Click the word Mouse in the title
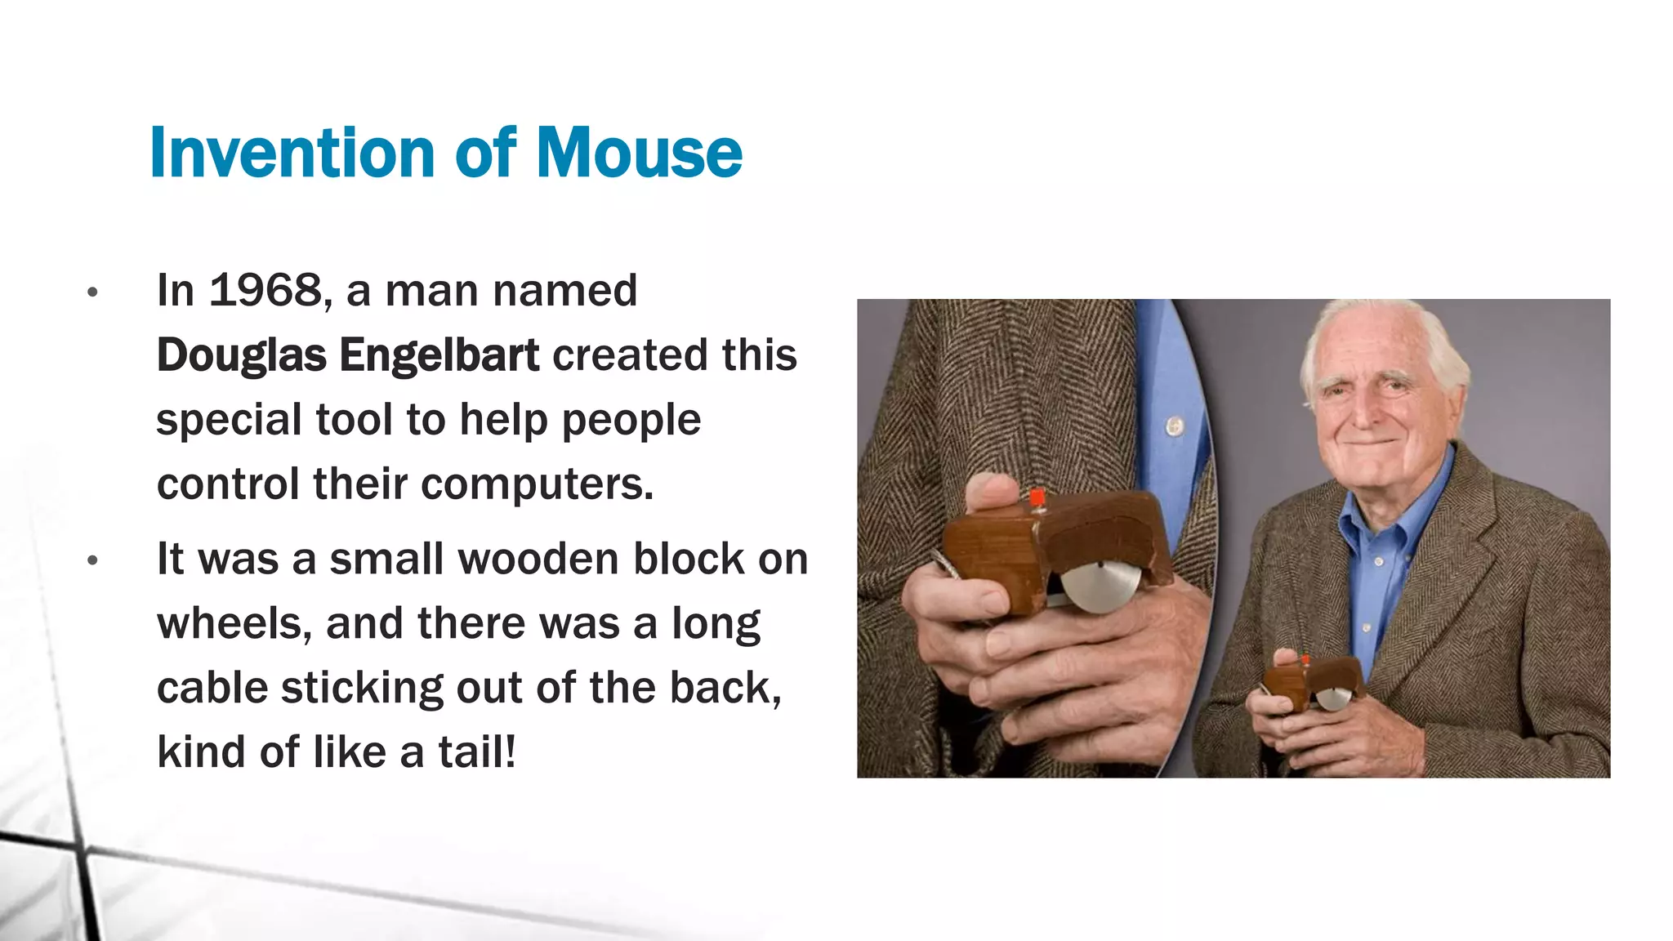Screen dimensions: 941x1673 pos(639,153)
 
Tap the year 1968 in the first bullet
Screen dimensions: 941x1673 pos(265,291)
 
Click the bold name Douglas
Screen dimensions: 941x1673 pos(241,355)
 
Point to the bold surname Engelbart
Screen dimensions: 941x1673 pos(439,355)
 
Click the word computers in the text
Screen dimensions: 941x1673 pos(537,484)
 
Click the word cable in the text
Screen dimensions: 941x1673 pos(212,688)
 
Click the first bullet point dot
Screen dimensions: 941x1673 pos(92,292)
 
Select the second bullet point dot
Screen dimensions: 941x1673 pos(92,560)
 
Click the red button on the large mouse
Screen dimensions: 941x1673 pos(1037,498)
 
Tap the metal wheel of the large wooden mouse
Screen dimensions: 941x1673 pos(1100,586)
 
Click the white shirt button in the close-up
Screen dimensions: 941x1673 pos(1175,426)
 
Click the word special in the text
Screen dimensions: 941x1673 pos(229,420)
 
